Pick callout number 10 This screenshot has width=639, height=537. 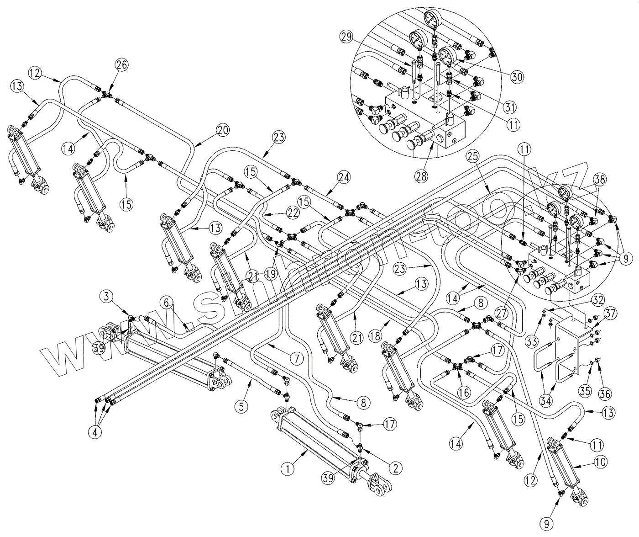tap(601, 462)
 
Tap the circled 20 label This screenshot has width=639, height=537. tap(223, 130)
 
